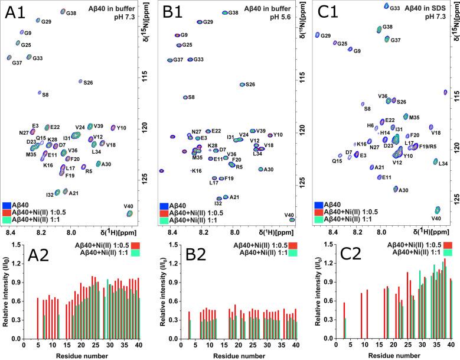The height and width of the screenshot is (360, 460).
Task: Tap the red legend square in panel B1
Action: click(x=164, y=212)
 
